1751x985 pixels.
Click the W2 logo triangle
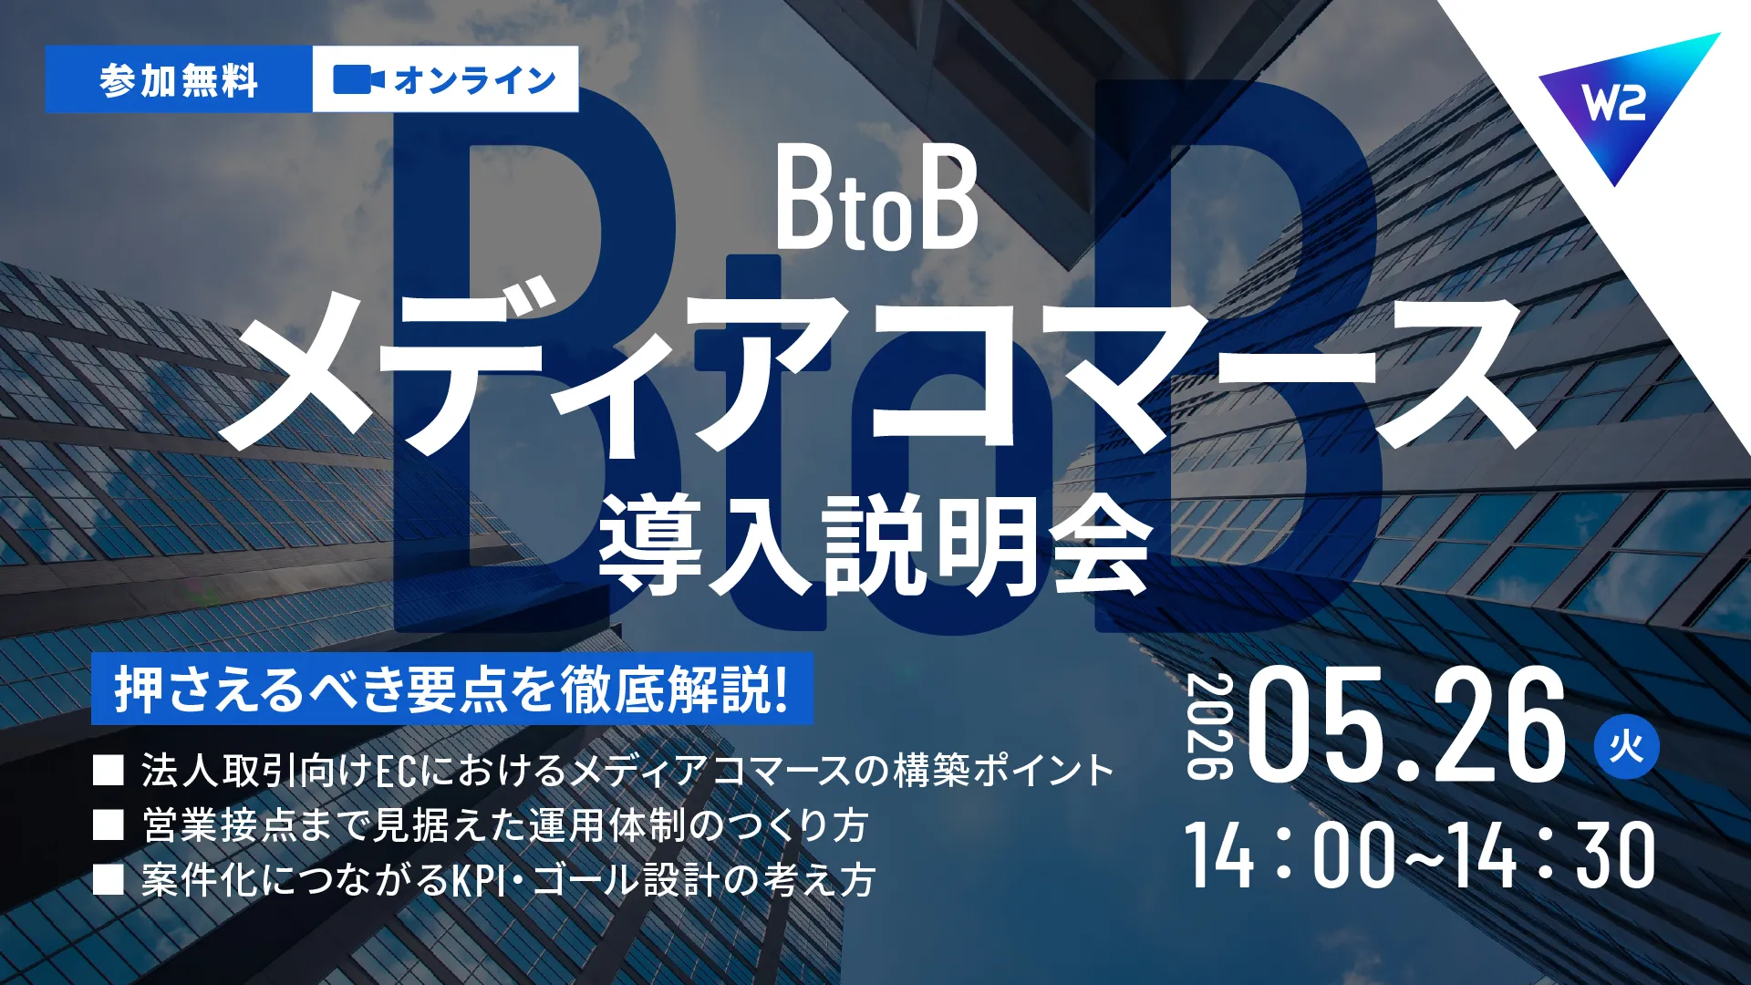click(1624, 96)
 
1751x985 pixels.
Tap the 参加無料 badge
click(179, 79)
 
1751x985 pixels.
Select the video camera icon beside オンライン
click(358, 79)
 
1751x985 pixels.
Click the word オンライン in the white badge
click(475, 80)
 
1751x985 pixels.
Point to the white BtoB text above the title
click(876, 201)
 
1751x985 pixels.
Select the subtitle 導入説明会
click(875, 544)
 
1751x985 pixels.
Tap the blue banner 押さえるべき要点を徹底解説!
click(451, 689)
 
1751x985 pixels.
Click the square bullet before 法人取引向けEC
click(109, 771)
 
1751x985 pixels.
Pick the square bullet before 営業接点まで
click(109, 825)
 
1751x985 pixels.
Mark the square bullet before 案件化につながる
click(109, 880)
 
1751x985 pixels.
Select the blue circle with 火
click(1626, 747)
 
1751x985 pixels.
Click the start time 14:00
click(1290, 855)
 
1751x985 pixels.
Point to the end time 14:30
click(1553, 855)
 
